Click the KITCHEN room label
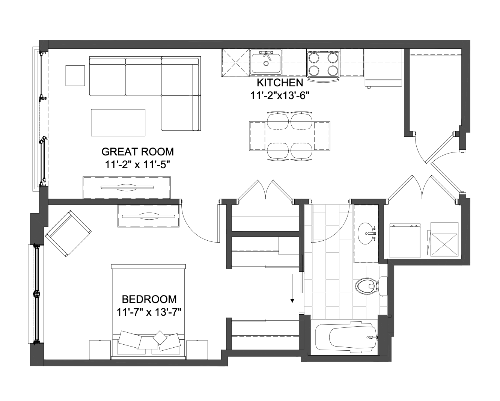point(280,83)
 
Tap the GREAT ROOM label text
point(137,152)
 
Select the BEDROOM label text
point(149,299)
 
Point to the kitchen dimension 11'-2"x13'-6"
point(280,95)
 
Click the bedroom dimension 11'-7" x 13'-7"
point(149,312)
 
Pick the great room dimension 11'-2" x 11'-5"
point(137,165)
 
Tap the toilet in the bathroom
point(371,286)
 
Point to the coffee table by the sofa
point(118,122)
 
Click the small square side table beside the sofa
point(75,75)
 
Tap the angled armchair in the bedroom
point(68,234)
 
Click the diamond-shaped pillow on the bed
point(160,337)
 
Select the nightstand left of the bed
point(100,350)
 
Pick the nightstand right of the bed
point(197,350)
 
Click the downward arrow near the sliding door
point(292,288)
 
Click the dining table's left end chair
point(257,136)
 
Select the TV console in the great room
point(127,188)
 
